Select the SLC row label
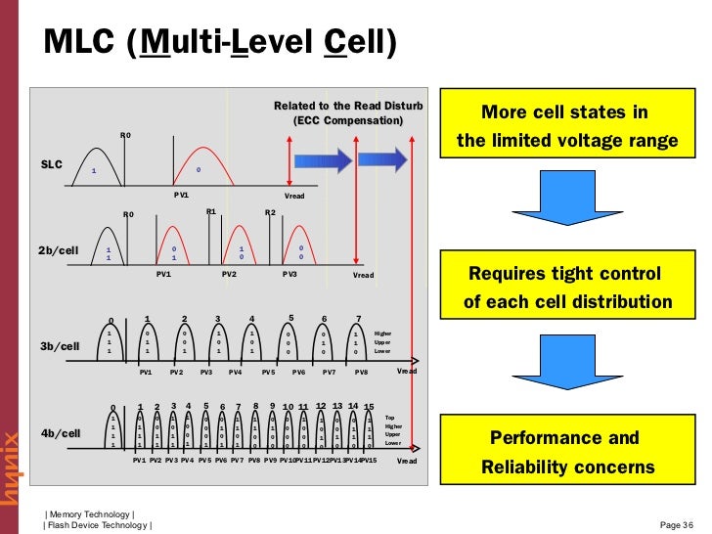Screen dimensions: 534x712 coord(51,164)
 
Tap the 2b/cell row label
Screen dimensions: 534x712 coord(58,250)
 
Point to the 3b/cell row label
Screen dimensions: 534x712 coord(59,346)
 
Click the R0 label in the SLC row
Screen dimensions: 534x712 coord(125,134)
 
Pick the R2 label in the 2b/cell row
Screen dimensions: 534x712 coord(271,212)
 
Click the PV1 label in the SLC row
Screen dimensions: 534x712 coord(181,195)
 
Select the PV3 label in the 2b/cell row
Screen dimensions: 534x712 coord(289,275)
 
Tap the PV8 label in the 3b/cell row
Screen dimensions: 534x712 coord(361,372)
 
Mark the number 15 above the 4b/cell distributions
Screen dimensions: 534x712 coord(369,407)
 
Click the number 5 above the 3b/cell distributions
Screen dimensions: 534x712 coord(291,317)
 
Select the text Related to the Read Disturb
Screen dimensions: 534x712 coord(347,106)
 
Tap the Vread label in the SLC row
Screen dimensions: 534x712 coord(294,197)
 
